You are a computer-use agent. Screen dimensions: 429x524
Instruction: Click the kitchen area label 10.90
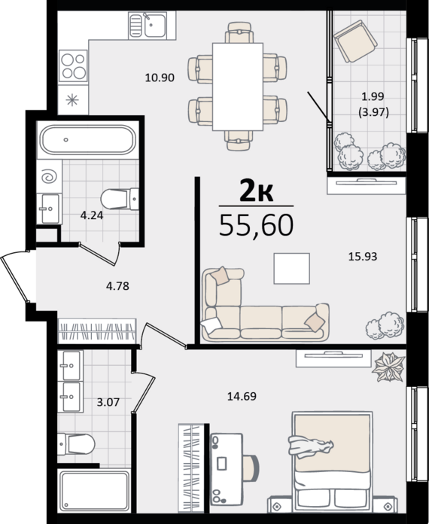pyautogui.click(x=160, y=78)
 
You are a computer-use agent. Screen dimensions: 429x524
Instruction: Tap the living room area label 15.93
pyautogui.click(x=363, y=256)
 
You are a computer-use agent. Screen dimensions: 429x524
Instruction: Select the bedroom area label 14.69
pyautogui.click(x=242, y=396)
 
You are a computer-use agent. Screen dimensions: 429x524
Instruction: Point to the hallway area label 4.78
pyautogui.click(x=117, y=286)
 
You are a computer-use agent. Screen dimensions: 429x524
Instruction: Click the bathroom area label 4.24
pyautogui.click(x=92, y=215)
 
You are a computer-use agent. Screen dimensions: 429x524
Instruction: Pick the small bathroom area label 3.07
pyautogui.click(x=108, y=402)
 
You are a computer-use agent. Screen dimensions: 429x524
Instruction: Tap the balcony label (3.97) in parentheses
pyautogui.click(x=373, y=112)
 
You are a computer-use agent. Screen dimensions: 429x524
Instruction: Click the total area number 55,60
pyautogui.click(x=256, y=225)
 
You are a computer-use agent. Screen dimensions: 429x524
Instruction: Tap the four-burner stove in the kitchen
pyautogui.click(x=73, y=65)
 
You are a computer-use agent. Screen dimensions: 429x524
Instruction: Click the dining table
pyautogui.click(x=238, y=87)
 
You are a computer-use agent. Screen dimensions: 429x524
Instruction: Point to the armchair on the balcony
pyautogui.click(x=355, y=41)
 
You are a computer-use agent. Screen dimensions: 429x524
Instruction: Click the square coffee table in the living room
pyautogui.click(x=292, y=268)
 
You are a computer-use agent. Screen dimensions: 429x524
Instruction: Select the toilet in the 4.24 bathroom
pyautogui.click(x=120, y=200)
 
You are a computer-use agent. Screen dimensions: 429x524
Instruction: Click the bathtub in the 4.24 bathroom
pyautogui.click(x=87, y=140)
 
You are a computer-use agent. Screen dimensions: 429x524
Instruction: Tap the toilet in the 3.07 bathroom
pyautogui.click(x=76, y=444)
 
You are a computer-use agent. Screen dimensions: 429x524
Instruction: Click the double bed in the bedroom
pyautogui.click(x=332, y=462)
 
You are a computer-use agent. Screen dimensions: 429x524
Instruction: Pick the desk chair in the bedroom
pyautogui.click(x=251, y=467)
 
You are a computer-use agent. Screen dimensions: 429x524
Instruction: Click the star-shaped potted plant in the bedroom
pyautogui.click(x=389, y=367)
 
